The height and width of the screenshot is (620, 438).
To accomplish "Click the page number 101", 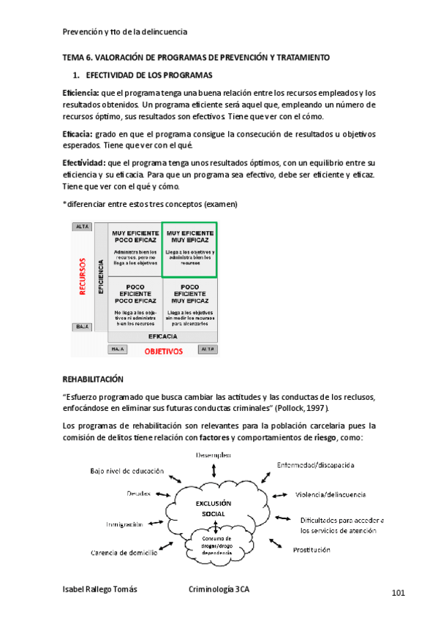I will [x=398, y=592].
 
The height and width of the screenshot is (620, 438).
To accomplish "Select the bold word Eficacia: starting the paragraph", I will [x=77, y=134].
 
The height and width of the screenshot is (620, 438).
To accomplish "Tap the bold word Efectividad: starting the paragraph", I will [x=83, y=162].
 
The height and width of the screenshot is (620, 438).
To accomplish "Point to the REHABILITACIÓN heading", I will [x=93, y=379].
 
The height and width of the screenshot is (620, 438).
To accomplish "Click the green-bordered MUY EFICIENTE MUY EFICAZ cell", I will [x=189, y=249].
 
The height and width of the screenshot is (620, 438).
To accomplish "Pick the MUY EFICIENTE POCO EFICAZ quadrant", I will [x=135, y=249].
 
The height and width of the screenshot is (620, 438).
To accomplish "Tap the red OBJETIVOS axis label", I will [x=162, y=351].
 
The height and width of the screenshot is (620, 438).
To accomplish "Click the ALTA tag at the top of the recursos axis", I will [x=82, y=227].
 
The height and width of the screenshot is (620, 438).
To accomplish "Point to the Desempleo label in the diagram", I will [x=214, y=455].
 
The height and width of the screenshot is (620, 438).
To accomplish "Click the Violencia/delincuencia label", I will [x=331, y=494].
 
